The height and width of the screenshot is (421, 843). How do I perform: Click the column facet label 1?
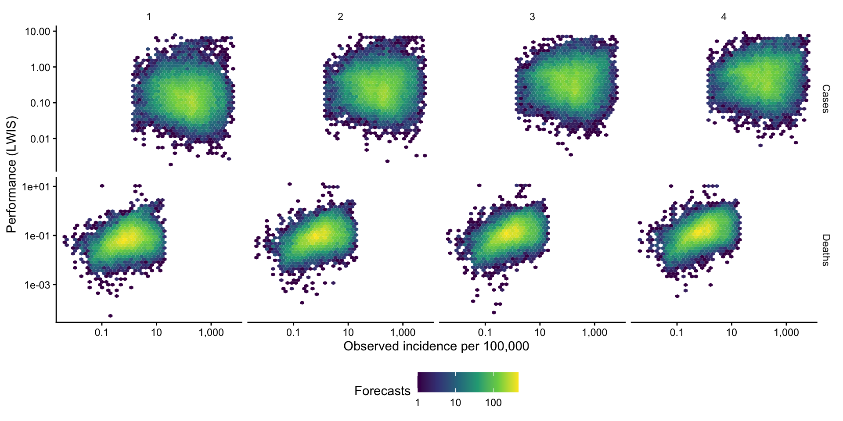(149, 17)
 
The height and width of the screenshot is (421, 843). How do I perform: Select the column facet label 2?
(340, 17)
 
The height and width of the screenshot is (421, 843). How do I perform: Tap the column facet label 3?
(532, 17)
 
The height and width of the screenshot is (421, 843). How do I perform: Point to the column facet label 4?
(724, 17)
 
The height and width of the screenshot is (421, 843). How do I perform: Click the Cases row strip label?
(825, 99)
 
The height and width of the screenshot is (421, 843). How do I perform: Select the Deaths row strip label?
(825, 250)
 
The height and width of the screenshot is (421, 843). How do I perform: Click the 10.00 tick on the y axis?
(38, 32)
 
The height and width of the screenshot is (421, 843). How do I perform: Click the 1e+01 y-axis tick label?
(36, 187)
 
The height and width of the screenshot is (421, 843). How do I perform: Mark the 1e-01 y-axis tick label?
(37, 236)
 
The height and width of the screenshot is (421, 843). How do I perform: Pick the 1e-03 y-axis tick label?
(37, 285)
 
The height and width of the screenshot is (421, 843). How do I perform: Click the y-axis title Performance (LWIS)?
(11, 175)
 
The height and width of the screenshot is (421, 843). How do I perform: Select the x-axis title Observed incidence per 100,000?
(436, 346)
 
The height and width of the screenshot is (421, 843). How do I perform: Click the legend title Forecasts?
(382, 391)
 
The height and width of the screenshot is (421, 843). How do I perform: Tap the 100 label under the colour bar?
(494, 403)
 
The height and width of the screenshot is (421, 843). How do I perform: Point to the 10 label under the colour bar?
(455, 403)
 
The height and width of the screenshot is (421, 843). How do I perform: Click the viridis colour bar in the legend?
(468, 382)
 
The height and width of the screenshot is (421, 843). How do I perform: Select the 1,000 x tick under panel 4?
(786, 332)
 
